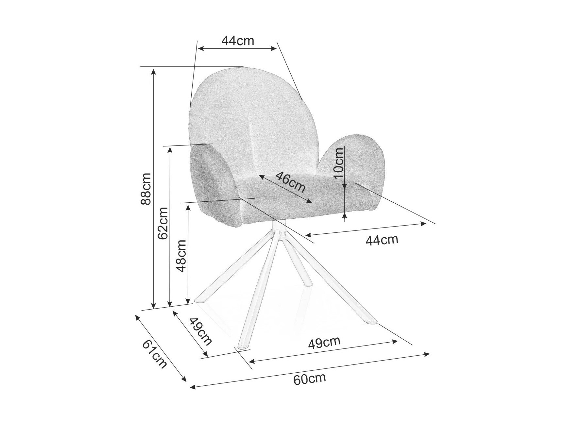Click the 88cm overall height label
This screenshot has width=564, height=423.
[x=145, y=189]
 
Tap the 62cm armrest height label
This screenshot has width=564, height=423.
[x=162, y=223]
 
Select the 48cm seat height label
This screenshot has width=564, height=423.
[x=181, y=256]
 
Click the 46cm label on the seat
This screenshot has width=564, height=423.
[x=291, y=182]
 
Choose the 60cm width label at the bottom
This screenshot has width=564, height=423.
[x=309, y=379]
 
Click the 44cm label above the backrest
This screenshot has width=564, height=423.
[x=238, y=41]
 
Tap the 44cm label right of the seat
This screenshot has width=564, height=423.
[x=382, y=240]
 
